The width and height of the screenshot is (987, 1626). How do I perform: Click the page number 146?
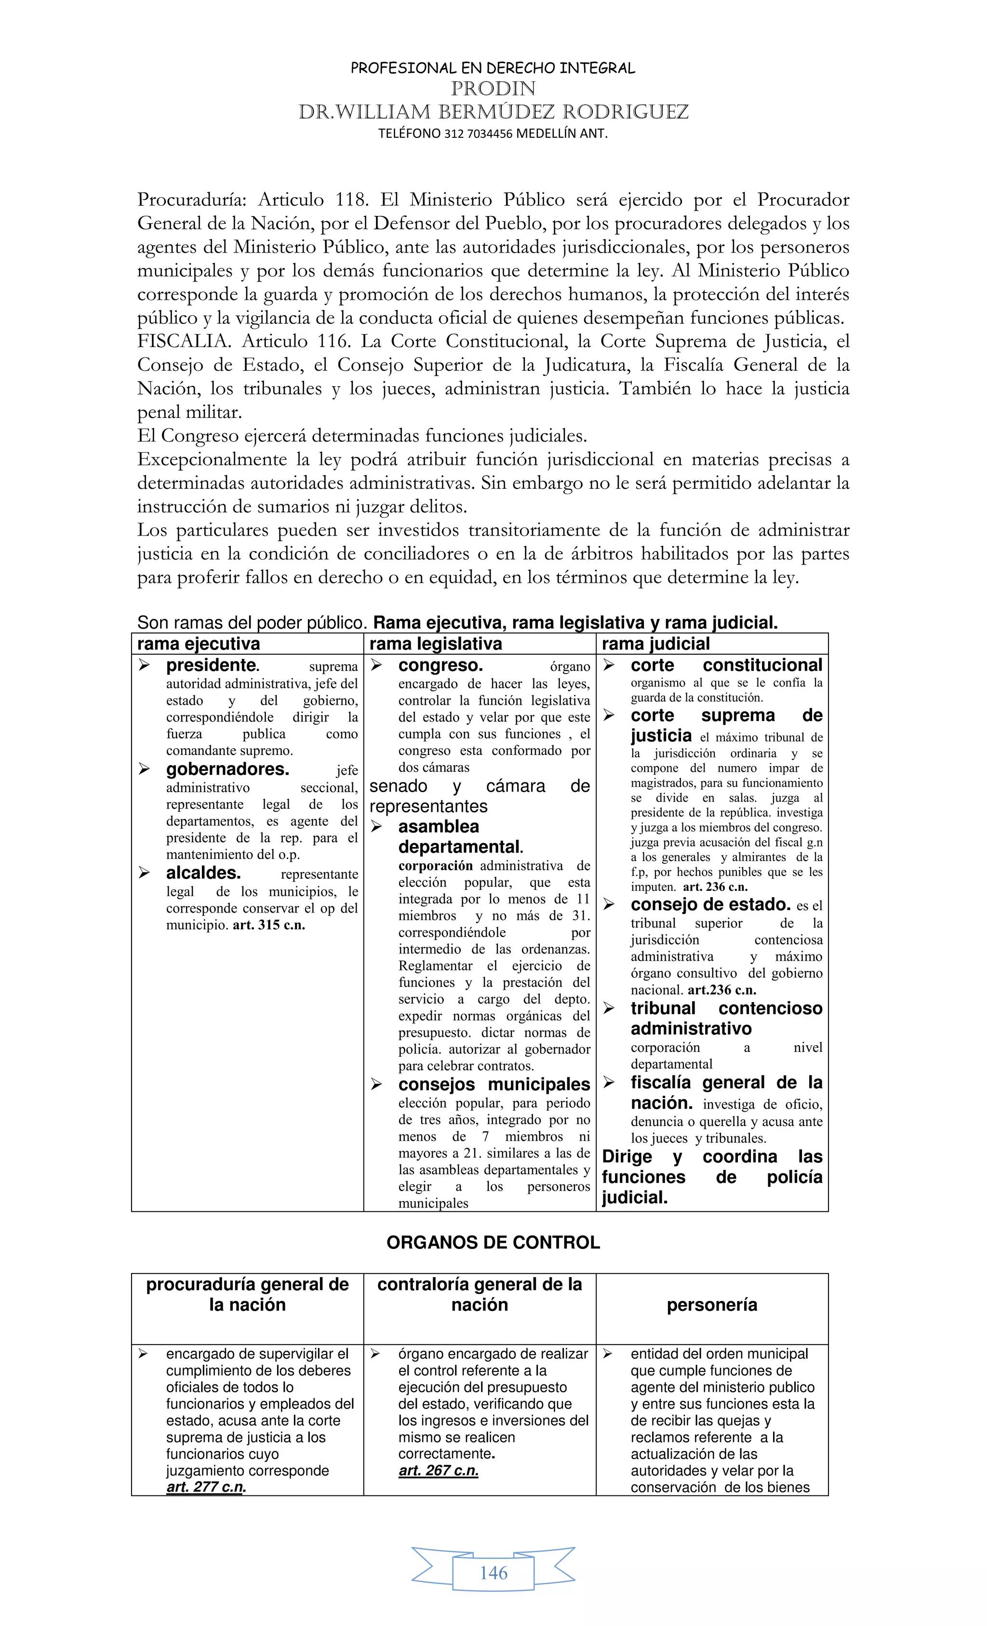pos(493,1573)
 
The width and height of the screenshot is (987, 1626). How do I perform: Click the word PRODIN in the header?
pos(493,88)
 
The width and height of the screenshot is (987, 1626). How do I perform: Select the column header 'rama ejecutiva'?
pos(199,644)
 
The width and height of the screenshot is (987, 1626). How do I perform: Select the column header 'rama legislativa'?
pos(436,644)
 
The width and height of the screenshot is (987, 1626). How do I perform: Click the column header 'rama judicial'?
pos(656,644)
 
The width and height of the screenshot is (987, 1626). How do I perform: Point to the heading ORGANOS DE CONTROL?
pos(493,1243)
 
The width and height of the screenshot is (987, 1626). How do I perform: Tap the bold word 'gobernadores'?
pos(227,769)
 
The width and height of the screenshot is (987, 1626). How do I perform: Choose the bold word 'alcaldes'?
pos(203,873)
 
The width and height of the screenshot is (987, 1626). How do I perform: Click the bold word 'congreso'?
pos(440,665)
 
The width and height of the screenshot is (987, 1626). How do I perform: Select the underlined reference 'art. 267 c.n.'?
pos(438,1470)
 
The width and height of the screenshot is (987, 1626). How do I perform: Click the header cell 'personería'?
pos(712,1304)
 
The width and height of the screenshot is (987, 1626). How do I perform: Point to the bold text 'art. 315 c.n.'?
pos(269,925)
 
